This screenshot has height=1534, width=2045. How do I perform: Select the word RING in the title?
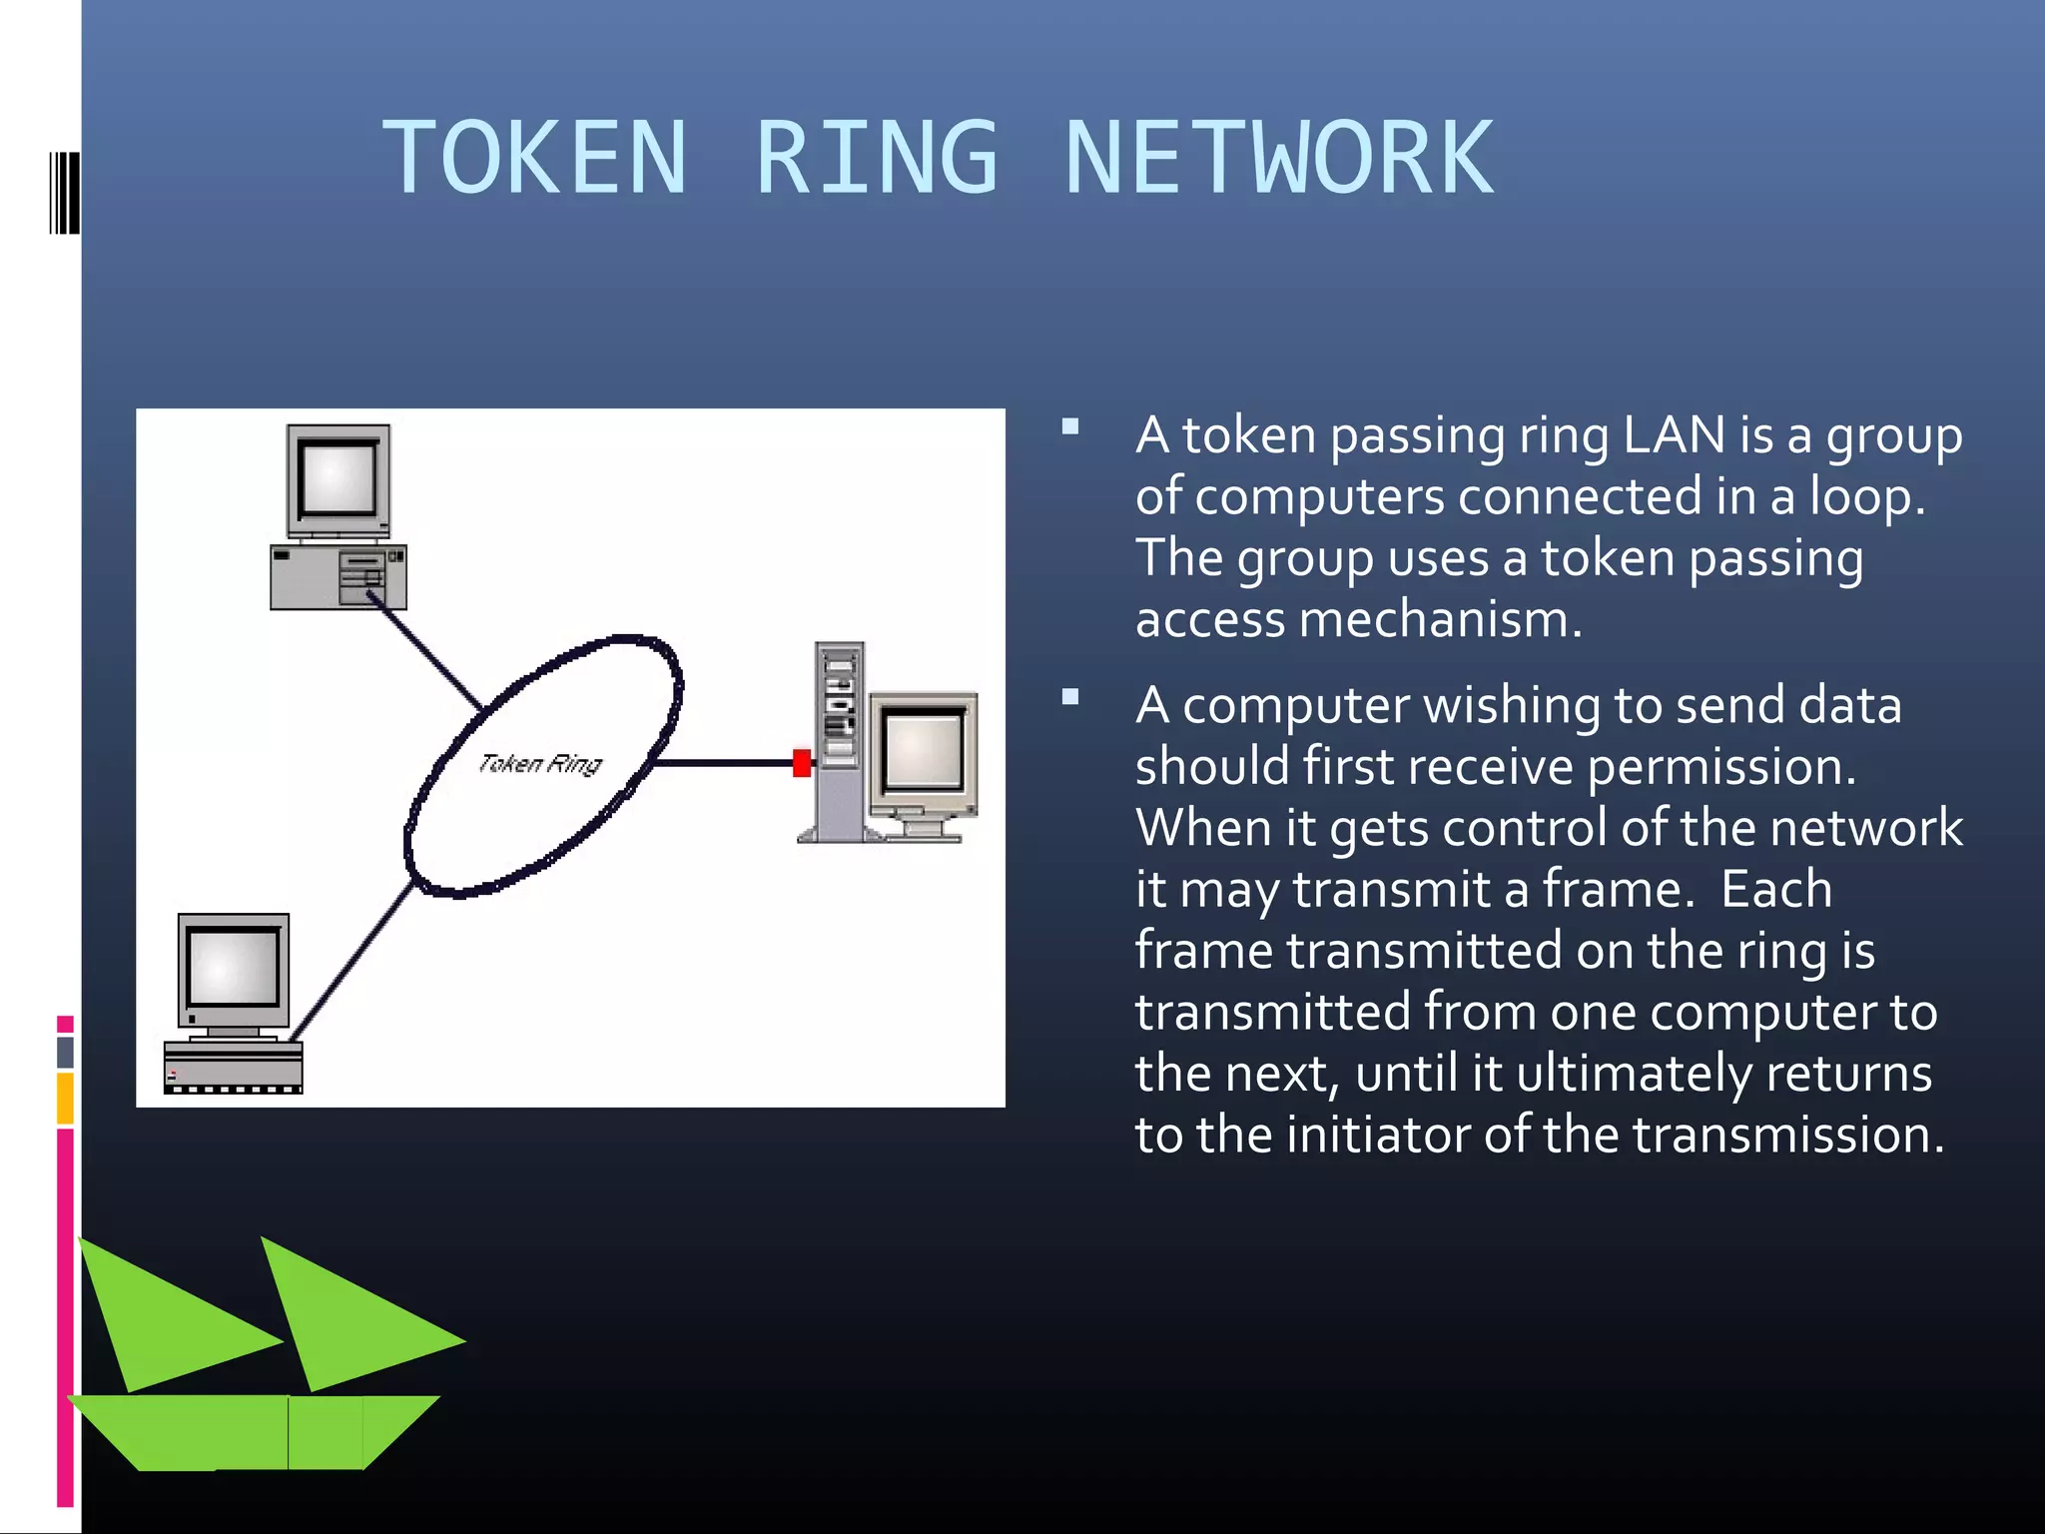tap(877, 158)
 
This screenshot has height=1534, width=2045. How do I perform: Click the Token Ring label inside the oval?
tap(540, 764)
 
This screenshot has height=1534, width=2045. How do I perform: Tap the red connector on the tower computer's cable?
tap(801, 763)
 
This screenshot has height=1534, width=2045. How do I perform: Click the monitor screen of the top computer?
tap(339, 479)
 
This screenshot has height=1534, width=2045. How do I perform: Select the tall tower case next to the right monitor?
tap(839, 739)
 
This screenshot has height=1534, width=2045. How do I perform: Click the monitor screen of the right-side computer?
tap(924, 749)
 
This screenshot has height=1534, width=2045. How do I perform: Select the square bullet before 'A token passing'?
tap(1070, 427)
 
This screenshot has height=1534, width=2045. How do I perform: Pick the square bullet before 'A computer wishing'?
tap(1070, 697)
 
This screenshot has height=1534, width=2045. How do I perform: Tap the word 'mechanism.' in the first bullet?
tap(1440, 619)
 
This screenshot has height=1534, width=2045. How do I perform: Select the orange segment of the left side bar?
tap(65, 1098)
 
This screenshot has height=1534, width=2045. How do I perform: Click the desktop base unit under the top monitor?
tap(338, 577)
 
